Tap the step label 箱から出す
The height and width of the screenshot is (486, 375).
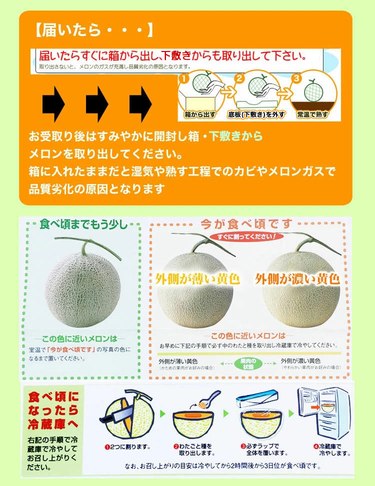coord(199,114)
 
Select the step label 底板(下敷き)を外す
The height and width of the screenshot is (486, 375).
coord(256,114)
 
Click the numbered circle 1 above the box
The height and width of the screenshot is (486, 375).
coord(183,78)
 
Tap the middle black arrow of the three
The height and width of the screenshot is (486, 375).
coord(97,104)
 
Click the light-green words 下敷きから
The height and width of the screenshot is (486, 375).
coord(235,136)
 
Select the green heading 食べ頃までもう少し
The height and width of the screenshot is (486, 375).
coord(83,223)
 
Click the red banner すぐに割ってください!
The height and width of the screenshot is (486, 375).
coord(245,235)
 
